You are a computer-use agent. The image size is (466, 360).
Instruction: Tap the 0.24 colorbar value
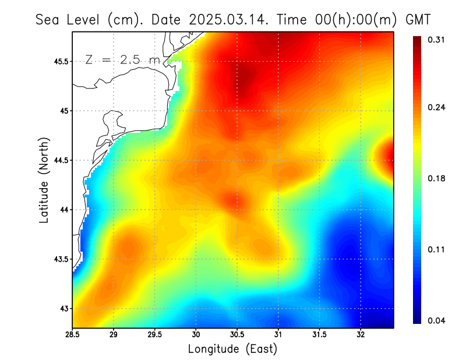437,107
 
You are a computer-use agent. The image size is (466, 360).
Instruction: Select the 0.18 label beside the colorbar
437,178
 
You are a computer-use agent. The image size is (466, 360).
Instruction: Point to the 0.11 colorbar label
437,249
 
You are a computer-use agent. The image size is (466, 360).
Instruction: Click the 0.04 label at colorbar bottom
437,320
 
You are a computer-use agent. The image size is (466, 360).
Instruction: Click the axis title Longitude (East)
232,349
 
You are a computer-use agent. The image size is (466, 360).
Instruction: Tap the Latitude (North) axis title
44,179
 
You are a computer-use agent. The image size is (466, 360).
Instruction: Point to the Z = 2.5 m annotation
122,59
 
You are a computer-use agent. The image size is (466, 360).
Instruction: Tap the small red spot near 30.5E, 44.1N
235,202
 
